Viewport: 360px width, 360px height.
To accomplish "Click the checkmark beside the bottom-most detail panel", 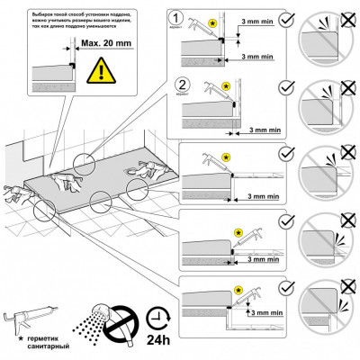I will click(285, 288).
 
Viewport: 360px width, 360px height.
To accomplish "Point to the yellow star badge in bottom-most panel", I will click(238, 290).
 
